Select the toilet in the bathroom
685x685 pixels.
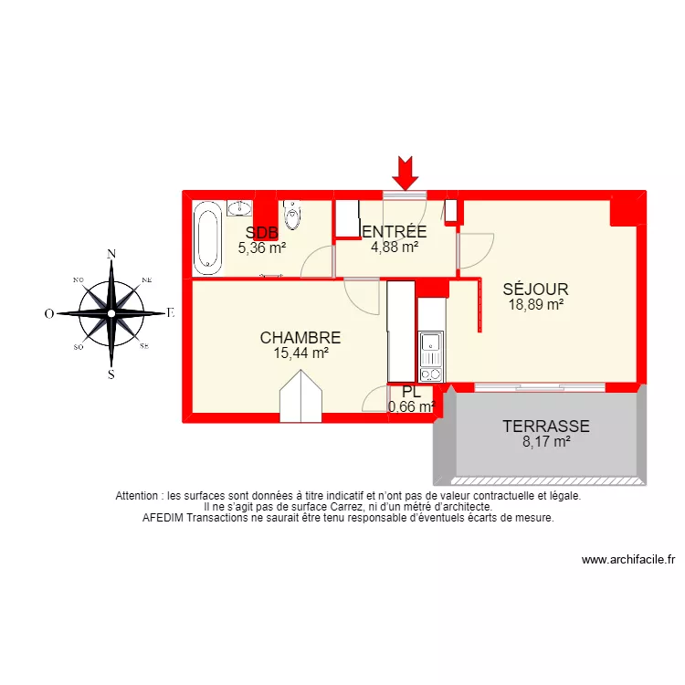click(291, 215)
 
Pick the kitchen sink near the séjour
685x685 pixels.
click(430, 345)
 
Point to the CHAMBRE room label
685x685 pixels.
click(300, 337)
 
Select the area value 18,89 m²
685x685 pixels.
click(535, 305)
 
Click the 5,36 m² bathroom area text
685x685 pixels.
click(262, 247)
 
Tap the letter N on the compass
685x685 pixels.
click(111, 254)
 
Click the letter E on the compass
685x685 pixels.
click(170, 312)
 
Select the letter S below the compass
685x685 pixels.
click(111, 374)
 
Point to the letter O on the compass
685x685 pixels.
click(49, 313)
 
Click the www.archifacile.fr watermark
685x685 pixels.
click(627, 560)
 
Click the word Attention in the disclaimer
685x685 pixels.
click(139, 496)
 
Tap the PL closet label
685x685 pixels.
click(411, 394)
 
